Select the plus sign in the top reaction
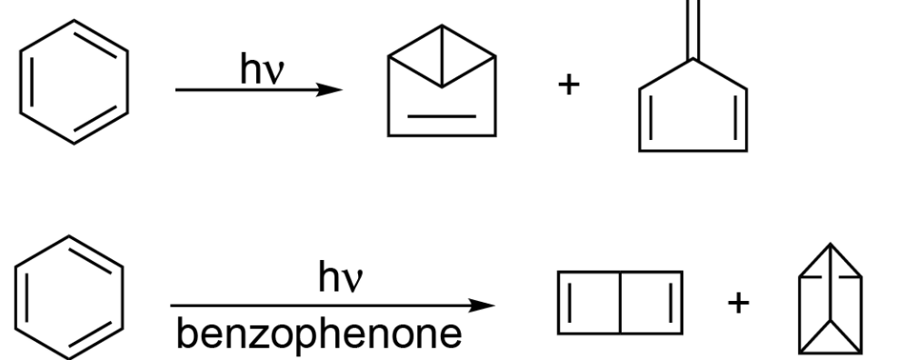[x=568, y=85]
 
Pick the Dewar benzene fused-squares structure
[x=619, y=301]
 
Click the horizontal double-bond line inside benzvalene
[x=442, y=116]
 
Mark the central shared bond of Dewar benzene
[x=620, y=301]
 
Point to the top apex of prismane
[x=830, y=246]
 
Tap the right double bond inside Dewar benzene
[x=668, y=301]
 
